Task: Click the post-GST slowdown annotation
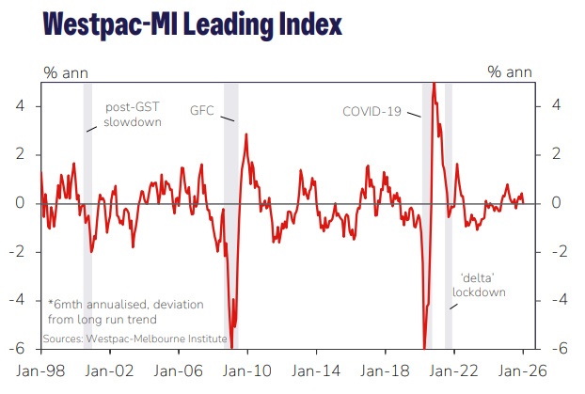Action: [133, 115]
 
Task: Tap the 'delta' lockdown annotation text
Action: [479, 285]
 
